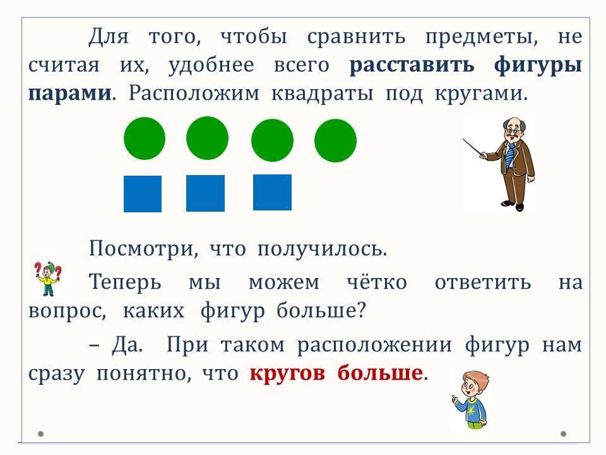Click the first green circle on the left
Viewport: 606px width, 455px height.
145,138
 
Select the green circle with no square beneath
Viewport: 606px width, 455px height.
335,140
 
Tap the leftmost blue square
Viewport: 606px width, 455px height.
143,194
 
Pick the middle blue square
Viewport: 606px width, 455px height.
205,193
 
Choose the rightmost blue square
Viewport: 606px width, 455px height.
272,192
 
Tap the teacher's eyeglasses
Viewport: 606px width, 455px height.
512,130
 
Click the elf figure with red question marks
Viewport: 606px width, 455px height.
48,279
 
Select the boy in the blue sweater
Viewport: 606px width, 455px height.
470,399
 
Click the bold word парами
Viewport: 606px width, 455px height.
70,94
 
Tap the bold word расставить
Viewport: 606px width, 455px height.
412,65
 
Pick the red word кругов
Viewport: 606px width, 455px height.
287,373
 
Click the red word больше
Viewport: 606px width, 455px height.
380,373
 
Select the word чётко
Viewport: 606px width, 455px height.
377,281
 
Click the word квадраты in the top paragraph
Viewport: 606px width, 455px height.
323,94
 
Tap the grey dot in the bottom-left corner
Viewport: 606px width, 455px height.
40,434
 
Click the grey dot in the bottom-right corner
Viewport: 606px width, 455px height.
564,434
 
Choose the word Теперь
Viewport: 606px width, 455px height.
125,282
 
